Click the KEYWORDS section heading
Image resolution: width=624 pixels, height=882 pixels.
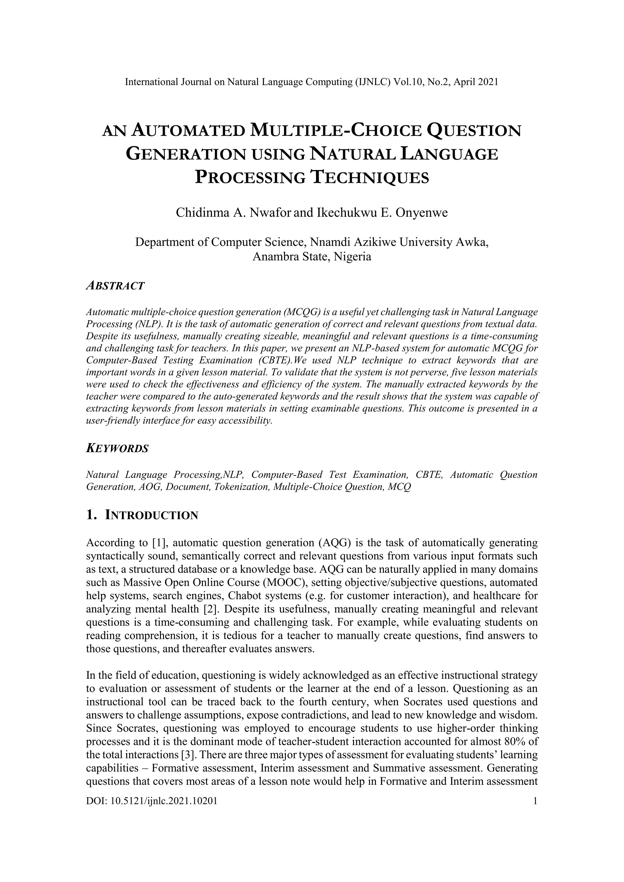117,449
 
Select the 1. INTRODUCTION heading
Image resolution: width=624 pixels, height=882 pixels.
142,515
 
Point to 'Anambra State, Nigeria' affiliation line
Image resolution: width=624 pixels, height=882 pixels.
312,257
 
